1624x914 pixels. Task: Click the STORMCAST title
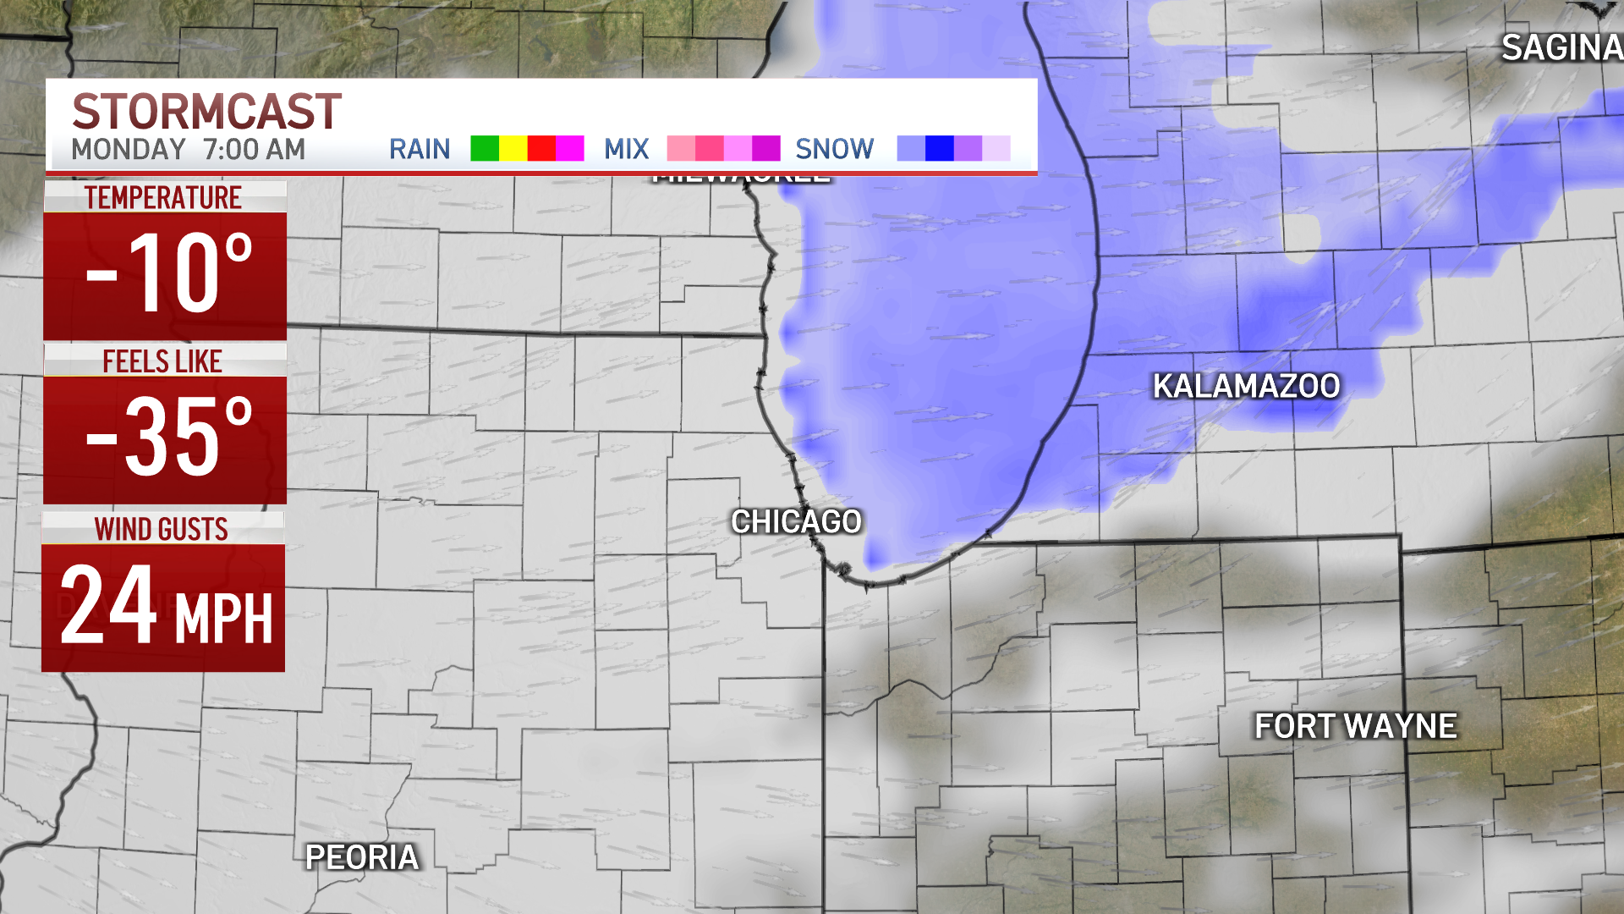tap(206, 112)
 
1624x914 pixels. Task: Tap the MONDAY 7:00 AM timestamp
tap(188, 150)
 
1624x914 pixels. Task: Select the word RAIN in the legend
tap(420, 149)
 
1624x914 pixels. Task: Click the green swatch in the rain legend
tap(485, 148)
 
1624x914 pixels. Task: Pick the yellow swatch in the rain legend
tap(513, 148)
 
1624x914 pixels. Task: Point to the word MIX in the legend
tap(626, 149)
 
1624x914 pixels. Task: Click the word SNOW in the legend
tap(834, 149)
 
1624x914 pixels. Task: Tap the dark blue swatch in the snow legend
tap(940, 148)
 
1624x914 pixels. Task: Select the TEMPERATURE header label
tap(163, 197)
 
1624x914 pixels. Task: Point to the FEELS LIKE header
tap(162, 361)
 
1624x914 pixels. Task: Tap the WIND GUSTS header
tap(162, 529)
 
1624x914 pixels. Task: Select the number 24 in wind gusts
tap(107, 606)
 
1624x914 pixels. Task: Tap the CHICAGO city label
tap(796, 521)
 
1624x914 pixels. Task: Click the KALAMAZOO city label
tap(1246, 386)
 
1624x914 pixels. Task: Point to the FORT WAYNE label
tap(1355, 725)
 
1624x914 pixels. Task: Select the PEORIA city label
tap(362, 857)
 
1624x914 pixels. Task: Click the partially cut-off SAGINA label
tap(1561, 48)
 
